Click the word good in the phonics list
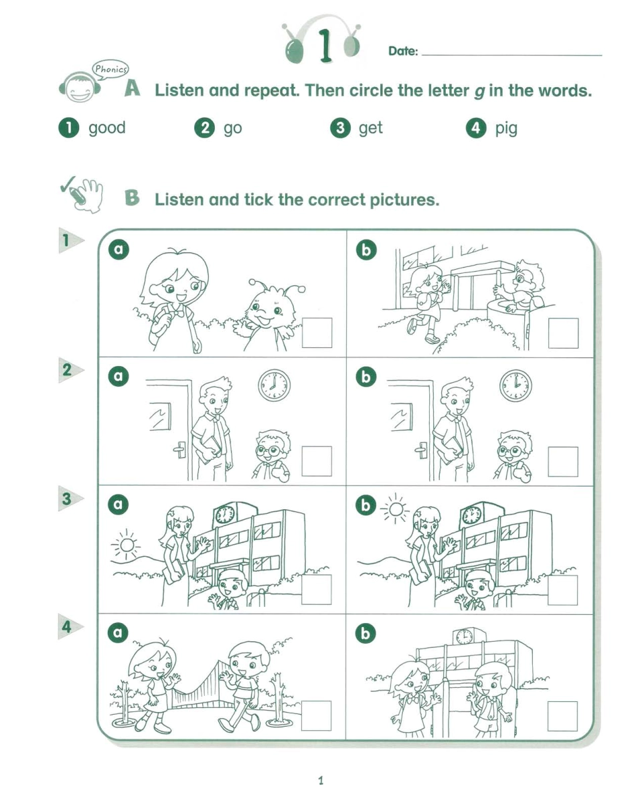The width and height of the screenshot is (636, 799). [106, 128]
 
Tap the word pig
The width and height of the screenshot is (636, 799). [506, 128]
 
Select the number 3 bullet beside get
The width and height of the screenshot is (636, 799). [341, 128]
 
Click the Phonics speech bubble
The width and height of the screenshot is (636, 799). [110, 68]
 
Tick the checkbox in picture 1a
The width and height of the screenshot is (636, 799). [317, 333]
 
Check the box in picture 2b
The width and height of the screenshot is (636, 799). [563, 461]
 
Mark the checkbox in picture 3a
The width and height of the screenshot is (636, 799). [317, 590]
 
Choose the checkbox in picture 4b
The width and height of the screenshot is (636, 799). [563, 717]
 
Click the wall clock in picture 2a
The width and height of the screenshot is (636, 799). [274, 385]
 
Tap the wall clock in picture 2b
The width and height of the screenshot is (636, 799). [515, 385]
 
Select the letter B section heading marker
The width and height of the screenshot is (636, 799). [133, 198]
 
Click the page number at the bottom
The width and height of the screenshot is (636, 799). [321, 780]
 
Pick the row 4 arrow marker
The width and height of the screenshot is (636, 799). [68, 628]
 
